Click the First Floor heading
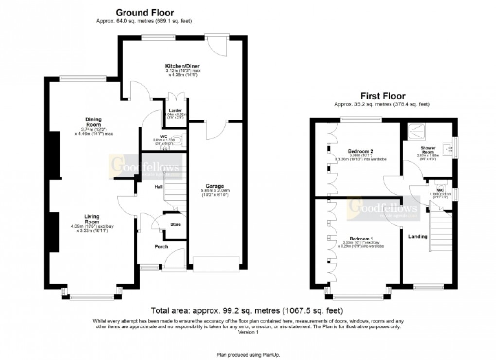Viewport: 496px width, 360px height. (x=383, y=96)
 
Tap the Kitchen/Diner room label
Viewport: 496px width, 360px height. (x=182, y=66)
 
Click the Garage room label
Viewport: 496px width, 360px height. (x=214, y=186)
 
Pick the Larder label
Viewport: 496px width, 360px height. (x=175, y=110)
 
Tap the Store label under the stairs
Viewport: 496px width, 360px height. (x=175, y=224)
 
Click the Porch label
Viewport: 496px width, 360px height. (x=161, y=247)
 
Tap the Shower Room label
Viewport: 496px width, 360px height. (x=428, y=149)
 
